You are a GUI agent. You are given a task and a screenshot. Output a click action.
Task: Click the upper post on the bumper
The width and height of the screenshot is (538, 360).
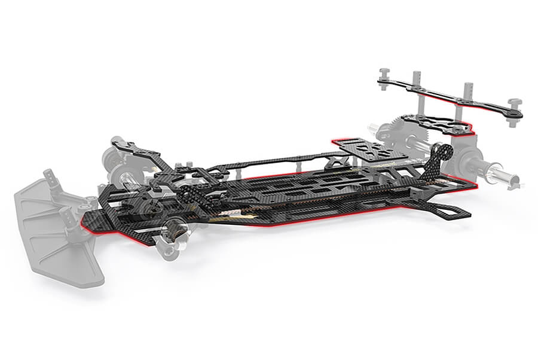pyautogui.click(x=48, y=177)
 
